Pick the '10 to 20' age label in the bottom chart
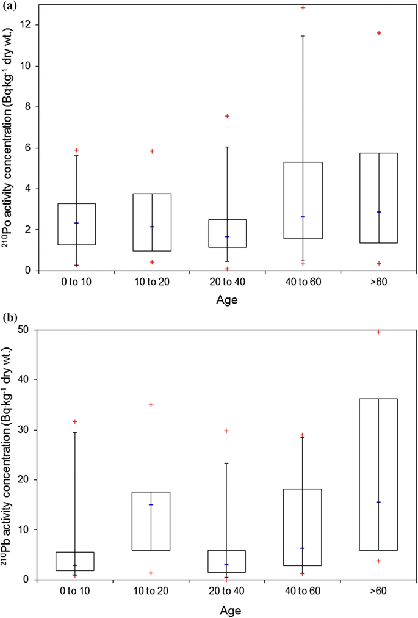click(151, 592)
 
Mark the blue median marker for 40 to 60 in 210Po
click(303, 217)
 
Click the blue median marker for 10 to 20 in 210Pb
click(151, 504)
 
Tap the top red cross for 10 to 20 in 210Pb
click(151, 405)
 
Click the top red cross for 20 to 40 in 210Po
click(227, 116)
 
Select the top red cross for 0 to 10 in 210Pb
click(76, 421)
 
